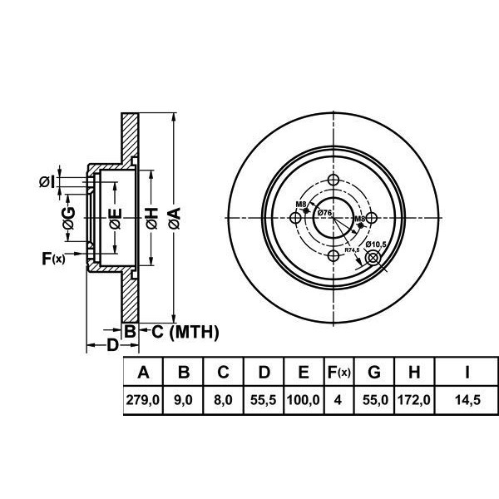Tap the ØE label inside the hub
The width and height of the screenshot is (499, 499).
point(116,219)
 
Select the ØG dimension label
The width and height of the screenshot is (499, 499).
point(70,219)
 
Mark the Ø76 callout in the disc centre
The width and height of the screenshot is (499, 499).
point(324,214)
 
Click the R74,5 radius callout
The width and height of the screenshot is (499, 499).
point(352,249)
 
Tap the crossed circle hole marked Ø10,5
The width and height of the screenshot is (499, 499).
point(373,259)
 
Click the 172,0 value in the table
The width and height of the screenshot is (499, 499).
point(413,400)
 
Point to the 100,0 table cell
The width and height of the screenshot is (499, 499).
point(304,400)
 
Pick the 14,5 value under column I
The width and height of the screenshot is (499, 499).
point(468,400)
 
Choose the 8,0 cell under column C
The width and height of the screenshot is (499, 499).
point(225,400)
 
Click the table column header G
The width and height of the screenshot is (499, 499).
point(373,372)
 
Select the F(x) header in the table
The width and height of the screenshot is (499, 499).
point(338,372)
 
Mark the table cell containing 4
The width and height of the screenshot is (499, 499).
point(338,400)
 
